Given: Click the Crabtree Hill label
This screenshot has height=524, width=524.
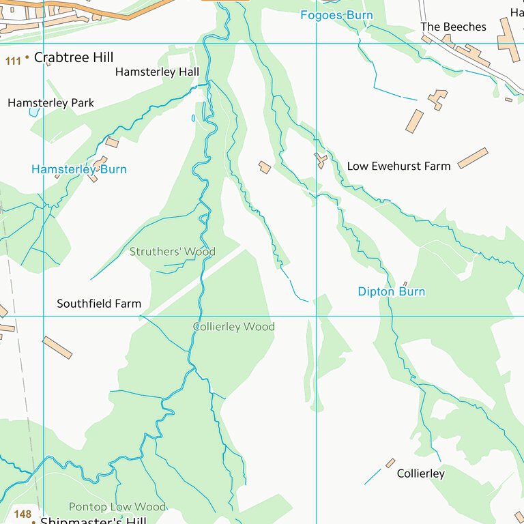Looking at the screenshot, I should point(73,57).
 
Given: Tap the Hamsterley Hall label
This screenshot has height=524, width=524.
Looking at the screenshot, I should point(157,72).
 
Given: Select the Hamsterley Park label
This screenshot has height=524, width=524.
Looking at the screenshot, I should point(50,103).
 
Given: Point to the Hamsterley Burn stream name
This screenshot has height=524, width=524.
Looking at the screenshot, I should point(79,169).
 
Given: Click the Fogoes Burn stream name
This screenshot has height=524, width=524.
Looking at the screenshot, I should point(337,15).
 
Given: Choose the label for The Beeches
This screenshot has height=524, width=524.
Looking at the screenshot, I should point(453,27).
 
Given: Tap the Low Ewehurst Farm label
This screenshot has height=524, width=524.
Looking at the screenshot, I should point(398,166).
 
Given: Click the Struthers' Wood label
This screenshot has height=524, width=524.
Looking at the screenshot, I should point(172,252).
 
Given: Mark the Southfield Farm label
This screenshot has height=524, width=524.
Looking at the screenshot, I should point(99,304).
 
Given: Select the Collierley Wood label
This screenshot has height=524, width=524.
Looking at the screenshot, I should point(233,327).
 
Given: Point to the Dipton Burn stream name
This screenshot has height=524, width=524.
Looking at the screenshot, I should point(391,291).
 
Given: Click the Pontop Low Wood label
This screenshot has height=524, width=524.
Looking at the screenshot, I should point(117,507).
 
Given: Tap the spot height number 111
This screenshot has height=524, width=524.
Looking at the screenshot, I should point(12,61).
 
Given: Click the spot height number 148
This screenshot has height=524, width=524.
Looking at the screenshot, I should point(23,514).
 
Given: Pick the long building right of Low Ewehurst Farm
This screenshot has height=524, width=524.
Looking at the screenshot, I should point(472,158).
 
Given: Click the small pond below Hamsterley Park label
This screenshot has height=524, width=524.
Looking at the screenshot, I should point(33,112).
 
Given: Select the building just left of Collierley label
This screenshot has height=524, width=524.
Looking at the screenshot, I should point(390,463).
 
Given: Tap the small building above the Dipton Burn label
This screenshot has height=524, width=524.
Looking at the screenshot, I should point(405,284).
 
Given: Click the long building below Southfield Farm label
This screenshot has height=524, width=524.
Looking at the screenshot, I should point(57,347).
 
